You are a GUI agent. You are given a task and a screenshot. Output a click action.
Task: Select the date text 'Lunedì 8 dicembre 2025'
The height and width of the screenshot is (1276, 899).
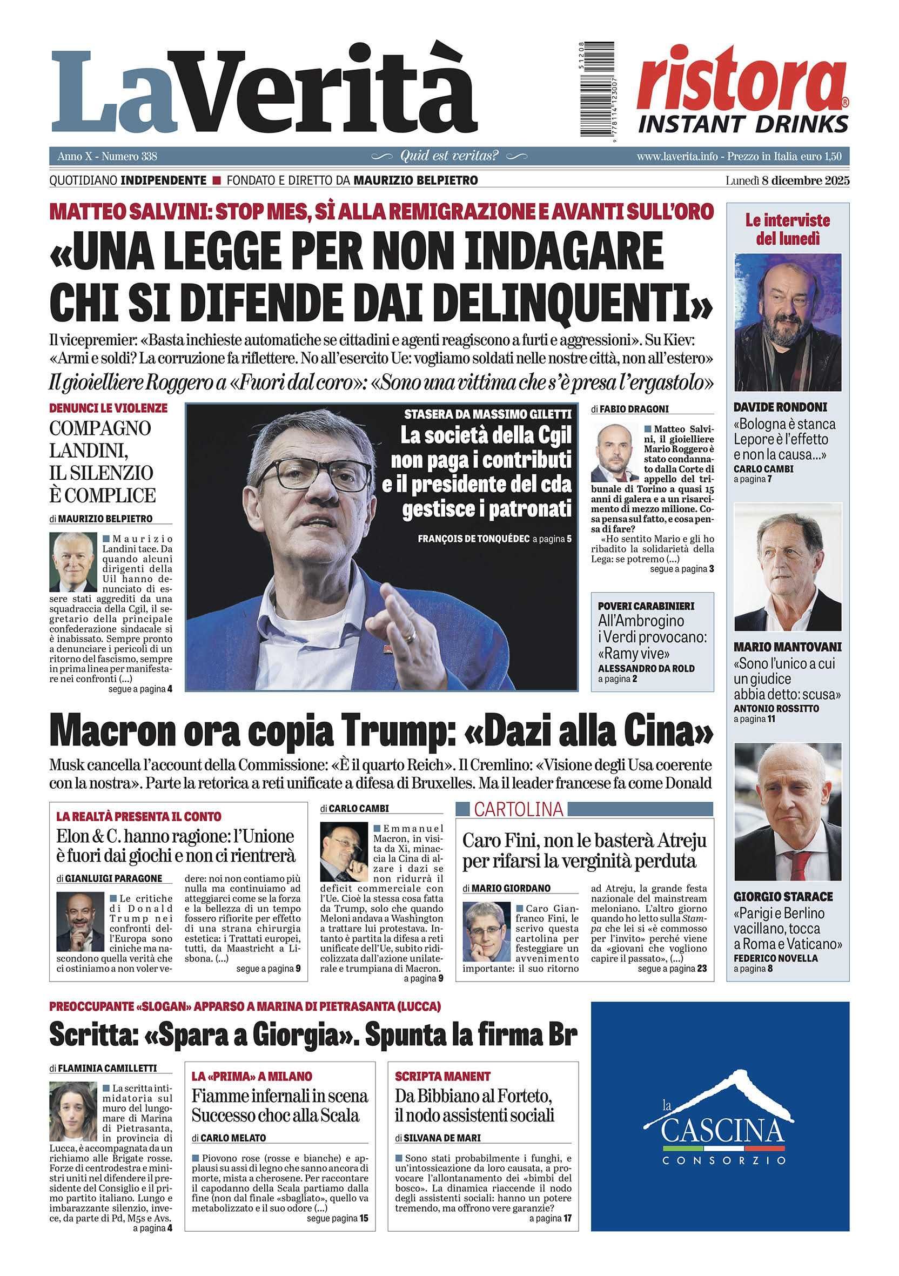[x=787, y=180]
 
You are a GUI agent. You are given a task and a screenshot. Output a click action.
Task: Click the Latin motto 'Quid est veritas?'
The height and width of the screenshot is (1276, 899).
[x=449, y=156]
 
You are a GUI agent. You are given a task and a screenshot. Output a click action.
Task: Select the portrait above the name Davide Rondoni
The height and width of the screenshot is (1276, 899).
[x=787, y=323]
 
